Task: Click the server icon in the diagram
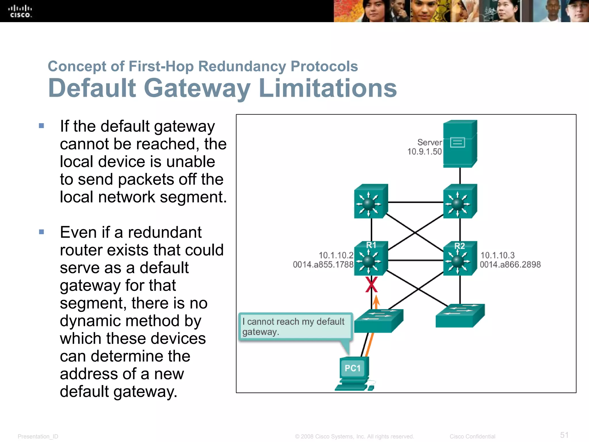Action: click(460, 144)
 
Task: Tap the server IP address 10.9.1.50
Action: click(424, 152)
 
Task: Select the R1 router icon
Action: click(371, 259)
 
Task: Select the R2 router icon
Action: click(460, 259)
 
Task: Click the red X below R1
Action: click(371, 285)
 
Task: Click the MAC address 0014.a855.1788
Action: click(323, 264)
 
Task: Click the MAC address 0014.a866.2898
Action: click(510, 264)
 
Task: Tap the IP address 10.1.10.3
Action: click(498, 255)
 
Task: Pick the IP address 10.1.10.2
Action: click(336, 255)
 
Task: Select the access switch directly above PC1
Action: click(378, 321)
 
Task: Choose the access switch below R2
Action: click(460, 316)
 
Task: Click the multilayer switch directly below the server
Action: click(460, 201)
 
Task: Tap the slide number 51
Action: click(564, 435)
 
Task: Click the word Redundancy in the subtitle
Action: click(242, 66)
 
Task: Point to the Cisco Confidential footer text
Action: click(472, 437)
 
